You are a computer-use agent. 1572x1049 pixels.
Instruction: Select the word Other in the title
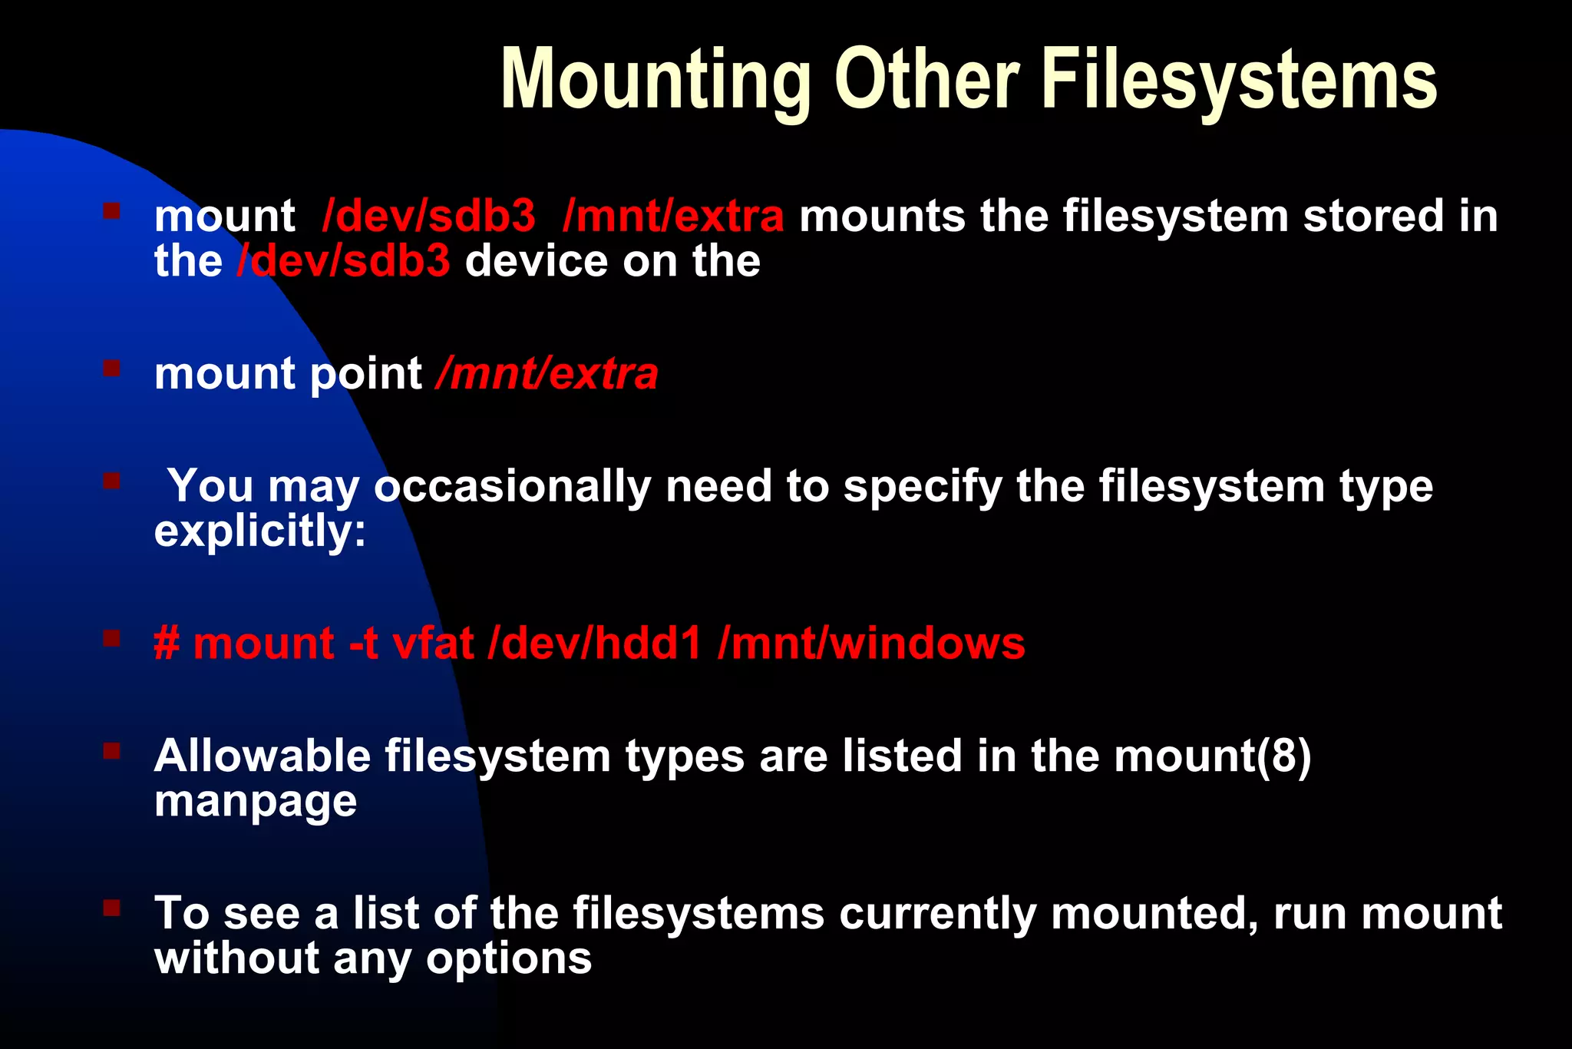(x=926, y=80)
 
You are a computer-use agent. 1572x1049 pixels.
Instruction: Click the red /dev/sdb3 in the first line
(x=429, y=216)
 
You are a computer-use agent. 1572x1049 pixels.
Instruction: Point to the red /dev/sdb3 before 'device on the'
(x=344, y=261)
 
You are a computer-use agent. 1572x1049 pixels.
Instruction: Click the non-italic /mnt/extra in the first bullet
(x=673, y=216)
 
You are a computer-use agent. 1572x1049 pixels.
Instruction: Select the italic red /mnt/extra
(x=547, y=374)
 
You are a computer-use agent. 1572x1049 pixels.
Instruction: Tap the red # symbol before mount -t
(x=167, y=644)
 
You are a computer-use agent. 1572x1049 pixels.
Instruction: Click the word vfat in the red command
(x=432, y=644)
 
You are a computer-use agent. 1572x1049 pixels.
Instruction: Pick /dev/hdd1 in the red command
(x=595, y=644)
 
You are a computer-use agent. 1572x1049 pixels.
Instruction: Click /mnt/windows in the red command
(x=871, y=644)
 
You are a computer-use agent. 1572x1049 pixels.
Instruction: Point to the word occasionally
(x=512, y=487)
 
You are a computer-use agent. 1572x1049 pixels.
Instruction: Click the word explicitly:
(x=260, y=531)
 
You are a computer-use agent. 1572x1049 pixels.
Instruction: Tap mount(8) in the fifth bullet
(x=1213, y=756)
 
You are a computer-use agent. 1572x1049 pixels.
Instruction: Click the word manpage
(x=256, y=802)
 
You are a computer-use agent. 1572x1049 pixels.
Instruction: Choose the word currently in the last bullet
(x=937, y=914)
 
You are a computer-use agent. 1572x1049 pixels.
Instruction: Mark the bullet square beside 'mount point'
(x=112, y=369)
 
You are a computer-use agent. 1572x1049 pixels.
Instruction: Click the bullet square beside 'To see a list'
(x=112, y=908)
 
